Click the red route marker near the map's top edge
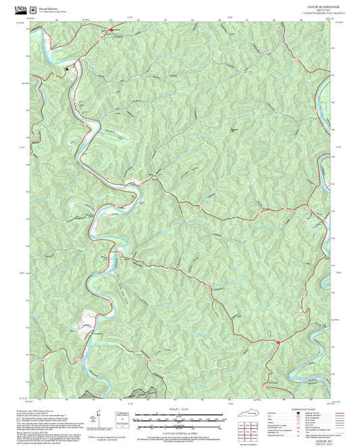click(111, 30)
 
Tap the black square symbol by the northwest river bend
click(67, 69)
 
